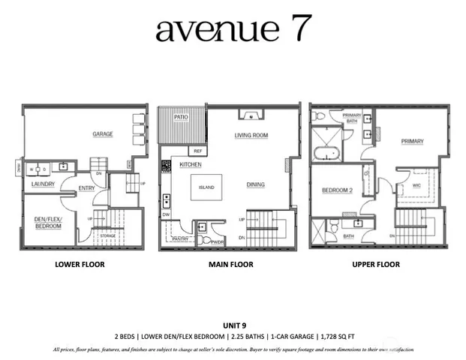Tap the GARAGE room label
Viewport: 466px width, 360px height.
(103, 134)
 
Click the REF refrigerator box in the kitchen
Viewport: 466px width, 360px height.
(198, 150)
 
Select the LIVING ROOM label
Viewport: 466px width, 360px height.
(251, 136)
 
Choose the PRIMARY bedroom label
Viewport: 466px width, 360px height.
(412, 141)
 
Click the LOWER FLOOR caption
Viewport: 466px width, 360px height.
(80, 265)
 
